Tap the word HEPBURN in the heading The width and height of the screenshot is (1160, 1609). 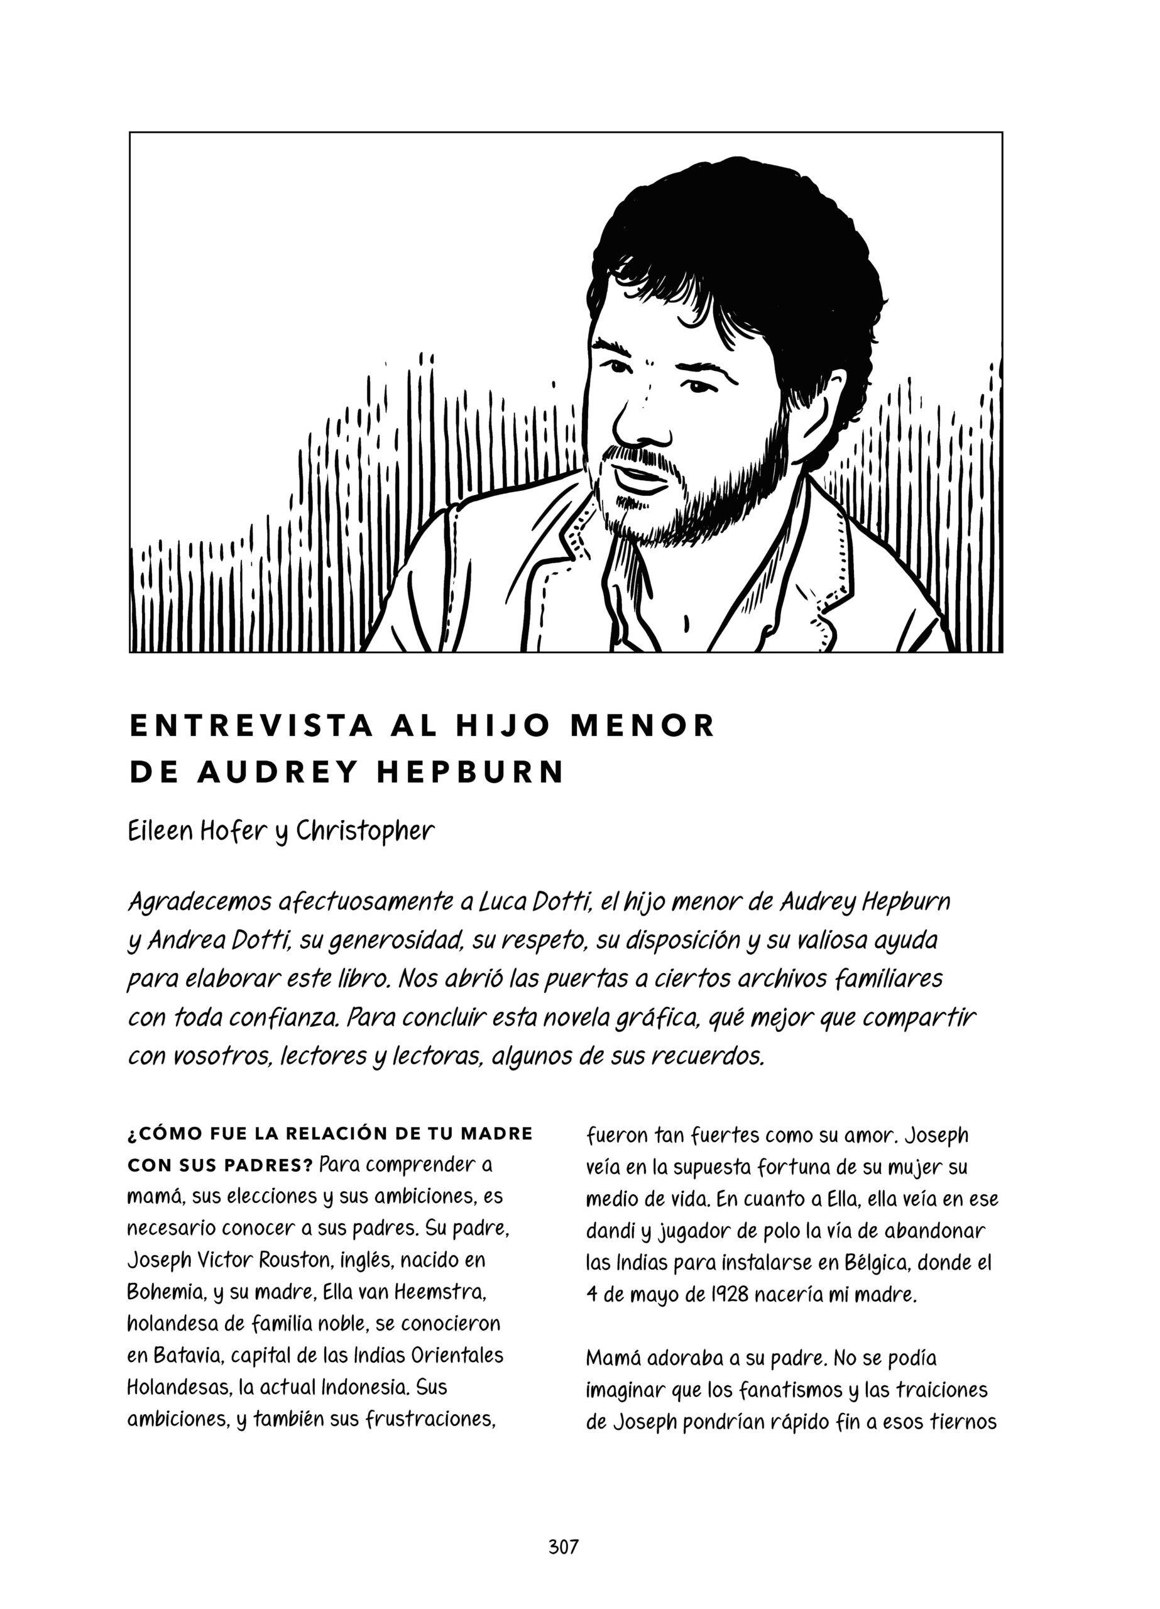click(x=469, y=772)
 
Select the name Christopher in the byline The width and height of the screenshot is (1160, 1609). click(x=364, y=832)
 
